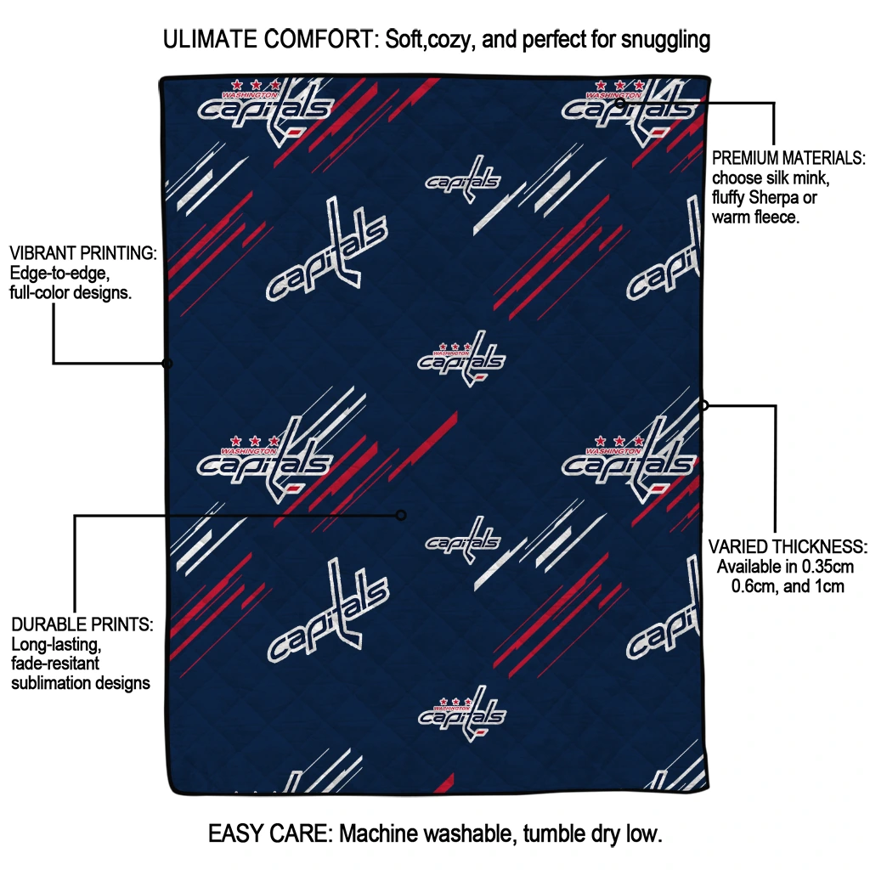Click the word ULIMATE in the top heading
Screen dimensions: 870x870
pyautogui.click(x=211, y=39)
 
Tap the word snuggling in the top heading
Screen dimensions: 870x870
pyautogui.click(x=665, y=41)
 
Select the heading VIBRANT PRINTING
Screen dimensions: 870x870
pyautogui.click(x=83, y=253)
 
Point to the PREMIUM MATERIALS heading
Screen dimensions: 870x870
pyautogui.click(x=788, y=158)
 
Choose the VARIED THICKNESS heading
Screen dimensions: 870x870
pyautogui.click(x=788, y=547)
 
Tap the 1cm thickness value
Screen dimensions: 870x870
pyautogui.click(x=828, y=586)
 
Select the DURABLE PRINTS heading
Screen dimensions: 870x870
pyautogui.click(x=82, y=624)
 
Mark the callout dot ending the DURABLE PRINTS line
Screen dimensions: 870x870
pyautogui.click(x=401, y=516)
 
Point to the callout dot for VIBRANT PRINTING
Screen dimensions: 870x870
pyautogui.click(x=167, y=364)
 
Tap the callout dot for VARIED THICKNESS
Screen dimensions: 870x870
pyautogui.click(x=703, y=405)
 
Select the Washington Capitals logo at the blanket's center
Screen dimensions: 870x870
pyautogui.click(x=461, y=359)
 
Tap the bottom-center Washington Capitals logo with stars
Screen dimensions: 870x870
pyautogui.click(x=461, y=714)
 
